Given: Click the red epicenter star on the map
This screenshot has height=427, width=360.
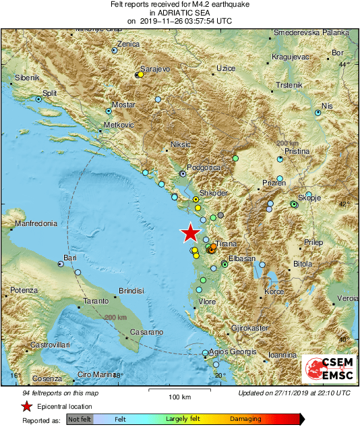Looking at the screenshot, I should coord(191,233).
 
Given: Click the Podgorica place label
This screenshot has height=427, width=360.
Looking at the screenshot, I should coord(204,167).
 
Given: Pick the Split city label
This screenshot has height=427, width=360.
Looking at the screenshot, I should coord(50,93).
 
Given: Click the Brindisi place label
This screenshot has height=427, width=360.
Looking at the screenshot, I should coord(131,290).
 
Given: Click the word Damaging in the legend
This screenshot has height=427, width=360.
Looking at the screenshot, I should coord(246,419).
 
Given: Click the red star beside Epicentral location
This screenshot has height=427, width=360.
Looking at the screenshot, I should coord(26,406).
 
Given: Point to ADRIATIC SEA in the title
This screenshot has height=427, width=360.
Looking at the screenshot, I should coord(180,12).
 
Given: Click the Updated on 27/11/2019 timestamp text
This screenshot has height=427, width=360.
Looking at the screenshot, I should coord(295,393).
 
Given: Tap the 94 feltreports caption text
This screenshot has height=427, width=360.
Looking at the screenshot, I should coord(50,393).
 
